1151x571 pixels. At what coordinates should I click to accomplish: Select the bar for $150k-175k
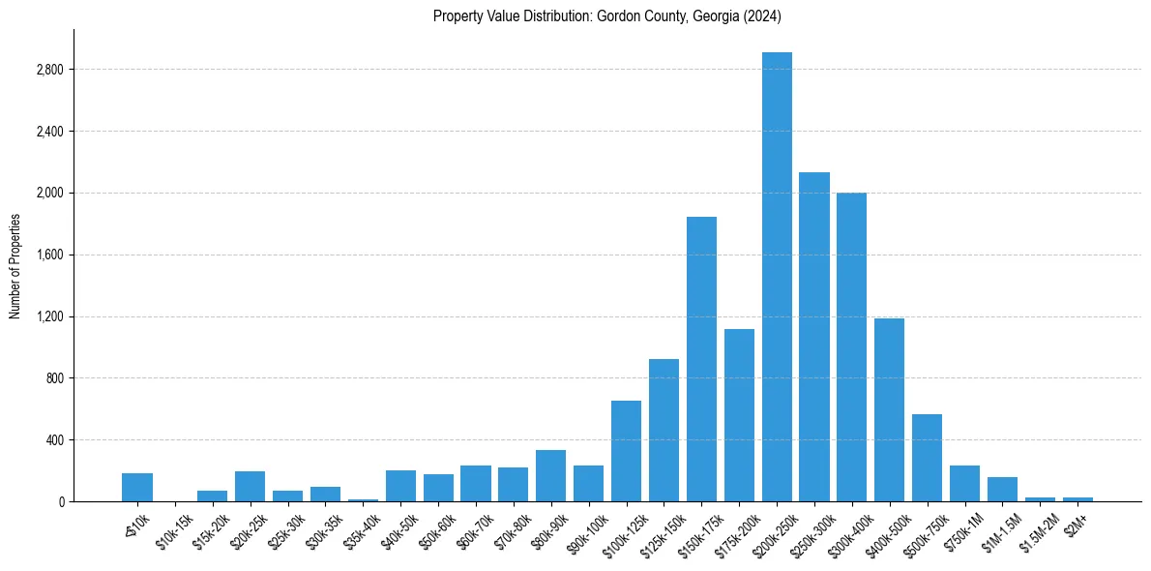[701, 359]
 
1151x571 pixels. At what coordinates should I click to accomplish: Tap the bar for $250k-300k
[814, 337]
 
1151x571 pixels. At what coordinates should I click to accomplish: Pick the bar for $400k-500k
[890, 409]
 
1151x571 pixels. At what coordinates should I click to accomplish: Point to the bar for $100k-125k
[626, 451]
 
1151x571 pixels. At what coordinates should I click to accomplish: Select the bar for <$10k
[137, 488]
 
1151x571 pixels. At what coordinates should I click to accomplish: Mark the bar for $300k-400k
[852, 346]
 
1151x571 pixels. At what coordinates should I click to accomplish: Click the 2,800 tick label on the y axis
[49, 70]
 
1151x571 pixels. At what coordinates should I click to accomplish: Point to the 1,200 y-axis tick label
[49, 316]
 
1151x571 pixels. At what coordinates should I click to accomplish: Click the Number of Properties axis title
[15, 266]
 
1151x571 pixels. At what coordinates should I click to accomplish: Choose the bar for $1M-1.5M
[1002, 489]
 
